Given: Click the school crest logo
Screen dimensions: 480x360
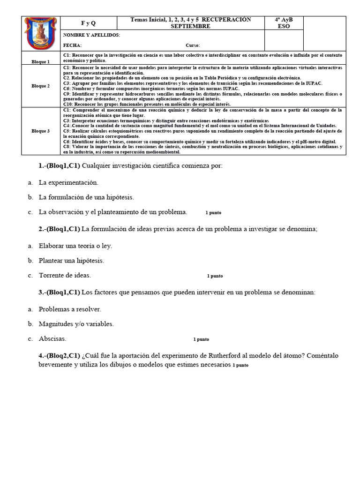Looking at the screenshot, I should [41, 33].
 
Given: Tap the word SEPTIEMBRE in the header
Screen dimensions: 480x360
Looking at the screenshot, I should [190, 26].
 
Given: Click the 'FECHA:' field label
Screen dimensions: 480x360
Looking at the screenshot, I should [72, 45].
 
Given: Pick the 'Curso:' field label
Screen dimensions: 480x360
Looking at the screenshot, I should [193, 45].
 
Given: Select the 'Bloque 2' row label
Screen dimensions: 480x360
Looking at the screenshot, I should [41, 86].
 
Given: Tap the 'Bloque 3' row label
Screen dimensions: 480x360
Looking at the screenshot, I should [41, 131].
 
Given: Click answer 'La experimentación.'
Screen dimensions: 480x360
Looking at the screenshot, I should [68, 182].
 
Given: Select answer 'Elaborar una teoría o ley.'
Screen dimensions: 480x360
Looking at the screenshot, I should [75, 246].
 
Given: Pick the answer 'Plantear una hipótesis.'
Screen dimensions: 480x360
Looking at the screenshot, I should [71, 261].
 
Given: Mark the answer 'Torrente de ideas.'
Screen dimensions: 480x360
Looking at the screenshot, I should [65, 275].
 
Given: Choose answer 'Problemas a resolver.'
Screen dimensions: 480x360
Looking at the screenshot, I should [70, 309].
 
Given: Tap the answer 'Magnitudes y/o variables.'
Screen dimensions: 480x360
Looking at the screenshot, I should [76, 324].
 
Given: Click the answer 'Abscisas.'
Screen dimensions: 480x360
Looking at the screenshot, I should [52, 338].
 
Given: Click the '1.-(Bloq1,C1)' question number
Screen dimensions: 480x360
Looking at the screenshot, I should [59, 166].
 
